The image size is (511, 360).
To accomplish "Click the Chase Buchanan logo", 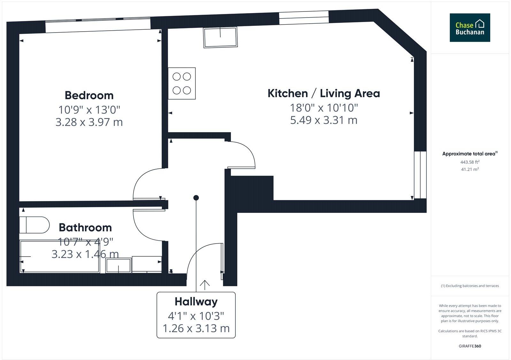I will [470, 28].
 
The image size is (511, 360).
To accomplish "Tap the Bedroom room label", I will [89, 95].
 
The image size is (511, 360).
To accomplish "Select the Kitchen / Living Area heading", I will [324, 94].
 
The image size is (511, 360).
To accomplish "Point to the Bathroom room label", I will [85, 228].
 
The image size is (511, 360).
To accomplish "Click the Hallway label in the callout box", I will [196, 302].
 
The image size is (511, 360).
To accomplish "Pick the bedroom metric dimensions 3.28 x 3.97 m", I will [89, 122].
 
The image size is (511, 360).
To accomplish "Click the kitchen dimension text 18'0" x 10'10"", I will [324, 108].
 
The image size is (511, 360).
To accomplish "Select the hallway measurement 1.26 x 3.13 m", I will [196, 328].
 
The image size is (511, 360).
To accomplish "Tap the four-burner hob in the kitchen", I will [182, 83].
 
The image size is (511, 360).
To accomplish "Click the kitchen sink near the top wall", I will [220, 38].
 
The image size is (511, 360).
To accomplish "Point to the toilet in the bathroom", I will [34, 225].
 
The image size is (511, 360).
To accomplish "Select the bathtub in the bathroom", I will [60, 257].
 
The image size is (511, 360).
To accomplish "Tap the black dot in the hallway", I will [196, 198].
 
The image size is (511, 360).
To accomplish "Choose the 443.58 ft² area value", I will [470, 162].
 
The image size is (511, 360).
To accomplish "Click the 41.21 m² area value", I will [470, 169].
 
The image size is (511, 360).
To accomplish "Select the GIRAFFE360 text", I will [470, 346].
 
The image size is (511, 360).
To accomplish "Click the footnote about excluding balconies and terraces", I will [470, 286].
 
